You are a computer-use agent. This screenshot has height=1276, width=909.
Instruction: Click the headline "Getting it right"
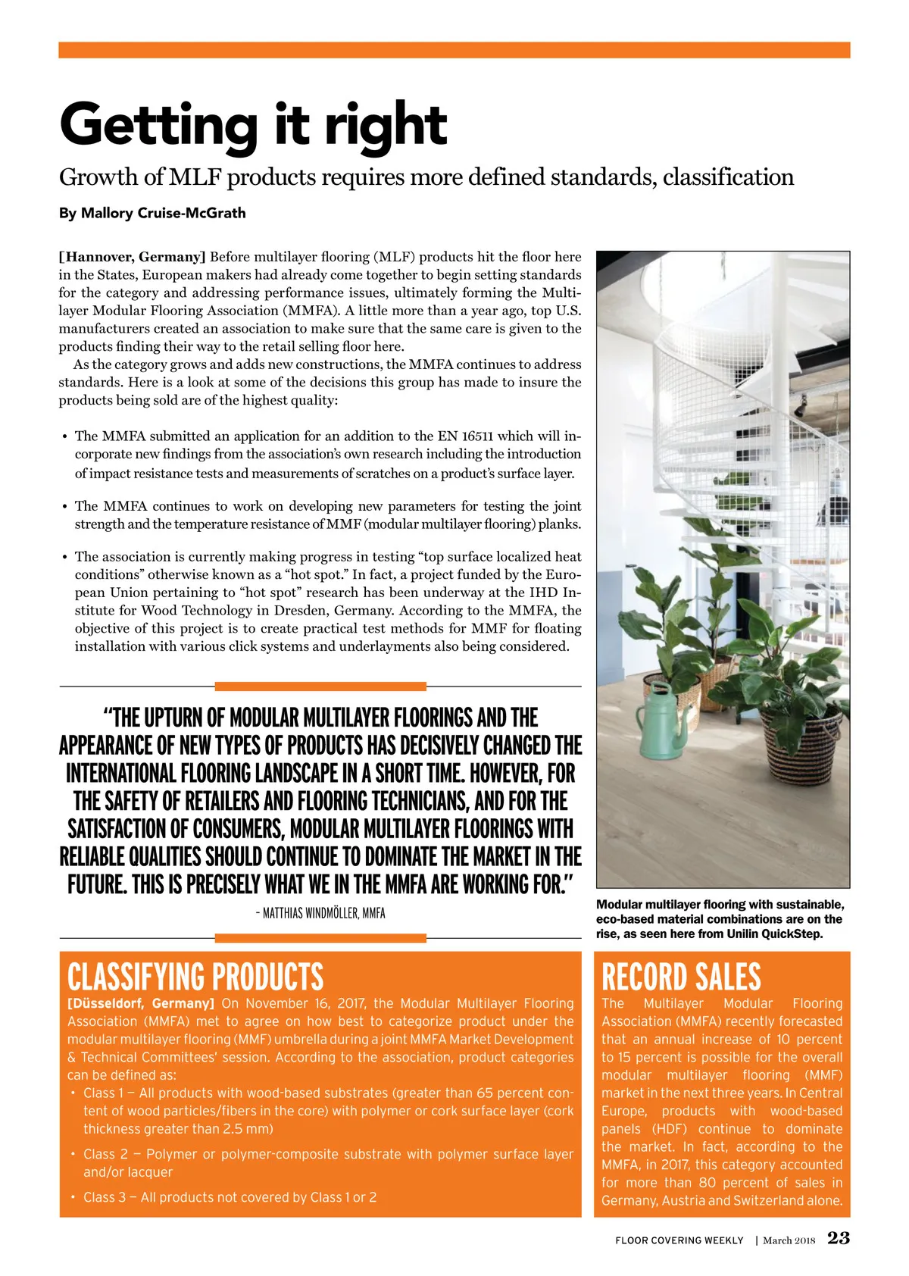pos(253,125)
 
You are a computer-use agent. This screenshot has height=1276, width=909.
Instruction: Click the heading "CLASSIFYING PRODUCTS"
pos(195,977)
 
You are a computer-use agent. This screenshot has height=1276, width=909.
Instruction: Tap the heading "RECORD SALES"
pos(680,977)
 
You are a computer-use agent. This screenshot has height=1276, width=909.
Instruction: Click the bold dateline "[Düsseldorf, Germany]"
pos(141,1003)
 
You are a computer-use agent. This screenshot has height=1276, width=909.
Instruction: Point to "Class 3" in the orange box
pos(105,1197)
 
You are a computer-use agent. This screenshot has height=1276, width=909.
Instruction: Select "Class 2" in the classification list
pos(105,1154)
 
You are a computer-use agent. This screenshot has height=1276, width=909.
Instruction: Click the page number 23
pos(839,1238)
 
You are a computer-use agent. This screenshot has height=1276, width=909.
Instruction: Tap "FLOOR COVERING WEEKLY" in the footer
pos(679,1240)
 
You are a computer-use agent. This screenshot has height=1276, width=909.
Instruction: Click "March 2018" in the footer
pos(789,1240)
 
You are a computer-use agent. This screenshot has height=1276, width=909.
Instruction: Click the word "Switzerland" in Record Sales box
pos(804,1200)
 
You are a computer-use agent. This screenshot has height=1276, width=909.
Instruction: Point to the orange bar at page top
pos(454,50)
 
